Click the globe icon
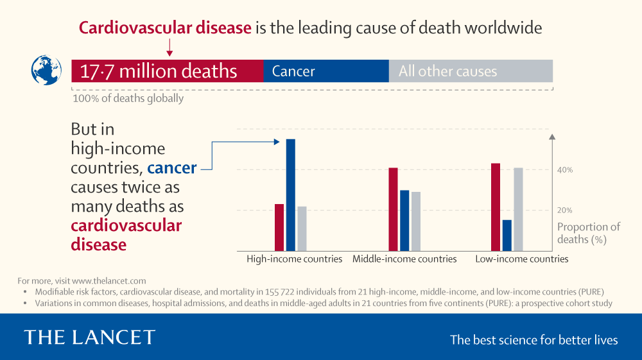coord(46,71)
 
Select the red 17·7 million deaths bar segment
coord(167,71)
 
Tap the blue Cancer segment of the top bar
coord(325,71)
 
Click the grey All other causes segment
coord(471,71)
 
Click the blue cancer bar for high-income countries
coord(290,195)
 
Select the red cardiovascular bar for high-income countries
coord(279,227)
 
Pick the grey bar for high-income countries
coord(302,228)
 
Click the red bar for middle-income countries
coord(393,209)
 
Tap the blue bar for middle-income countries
coord(404,220)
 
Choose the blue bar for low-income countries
coord(507,235)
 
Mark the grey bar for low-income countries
coord(519,209)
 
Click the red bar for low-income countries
coord(496,207)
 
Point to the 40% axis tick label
coord(565,170)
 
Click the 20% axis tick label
coord(565,210)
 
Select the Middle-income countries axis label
coord(404,259)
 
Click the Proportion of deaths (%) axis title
coord(588,233)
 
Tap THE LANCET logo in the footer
coord(89,338)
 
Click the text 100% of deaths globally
coord(128,99)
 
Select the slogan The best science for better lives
coord(534,340)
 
